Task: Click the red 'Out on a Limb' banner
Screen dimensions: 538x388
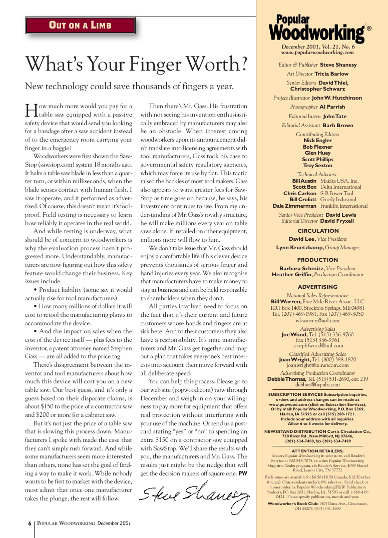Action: [80, 26]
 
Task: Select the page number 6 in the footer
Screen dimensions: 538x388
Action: [30, 523]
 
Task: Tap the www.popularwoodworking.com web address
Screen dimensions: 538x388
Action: [317, 52]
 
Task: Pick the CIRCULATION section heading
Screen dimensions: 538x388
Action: [318, 231]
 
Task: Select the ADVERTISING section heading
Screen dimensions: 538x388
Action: [318, 287]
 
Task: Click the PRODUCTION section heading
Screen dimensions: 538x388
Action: [318, 260]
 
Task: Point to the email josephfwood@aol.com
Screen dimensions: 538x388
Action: [317, 345]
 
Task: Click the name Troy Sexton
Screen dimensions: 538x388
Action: [318, 165]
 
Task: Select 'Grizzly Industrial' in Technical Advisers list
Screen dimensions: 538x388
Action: [339, 200]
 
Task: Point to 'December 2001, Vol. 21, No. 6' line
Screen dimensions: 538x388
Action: [318, 47]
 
